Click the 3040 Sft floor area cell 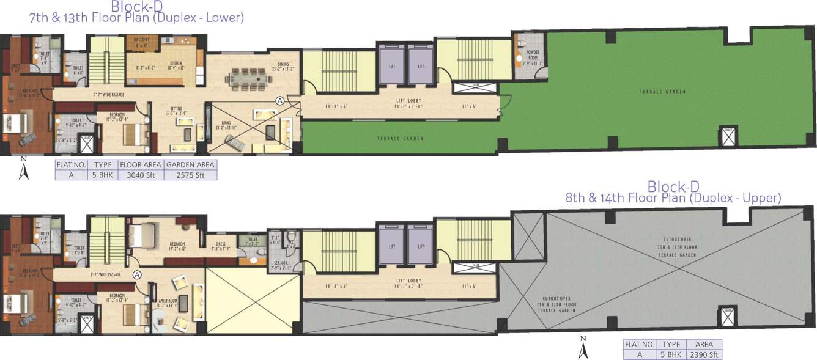(x=140, y=175)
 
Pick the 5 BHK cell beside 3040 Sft (x=103, y=175)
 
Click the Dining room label (x=283, y=64)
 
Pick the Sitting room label (x=175, y=109)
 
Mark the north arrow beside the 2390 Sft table (x=583, y=348)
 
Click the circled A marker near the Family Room (x=137, y=275)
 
